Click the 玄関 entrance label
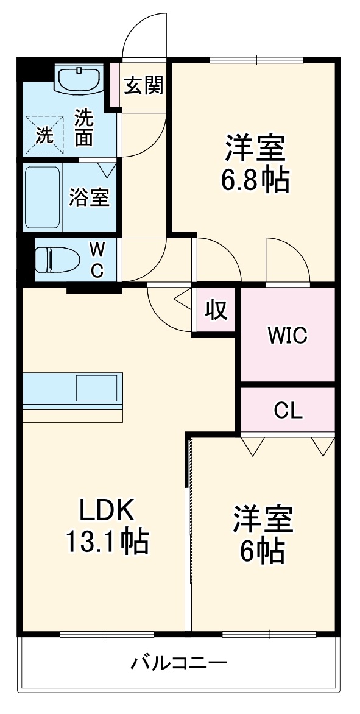pyautogui.click(x=144, y=86)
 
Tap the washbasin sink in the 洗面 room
pyautogui.click(x=80, y=79)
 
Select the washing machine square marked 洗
pyautogui.click(x=43, y=133)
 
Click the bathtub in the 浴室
pyautogui.click(x=43, y=197)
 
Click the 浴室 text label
pyautogui.click(x=90, y=197)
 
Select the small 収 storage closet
pyautogui.click(x=215, y=310)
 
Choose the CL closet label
pyautogui.click(x=288, y=411)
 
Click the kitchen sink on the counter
pyautogui.click(x=96, y=388)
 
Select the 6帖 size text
pyautogui.click(x=263, y=550)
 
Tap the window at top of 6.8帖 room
pyautogui.click(x=256, y=60)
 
